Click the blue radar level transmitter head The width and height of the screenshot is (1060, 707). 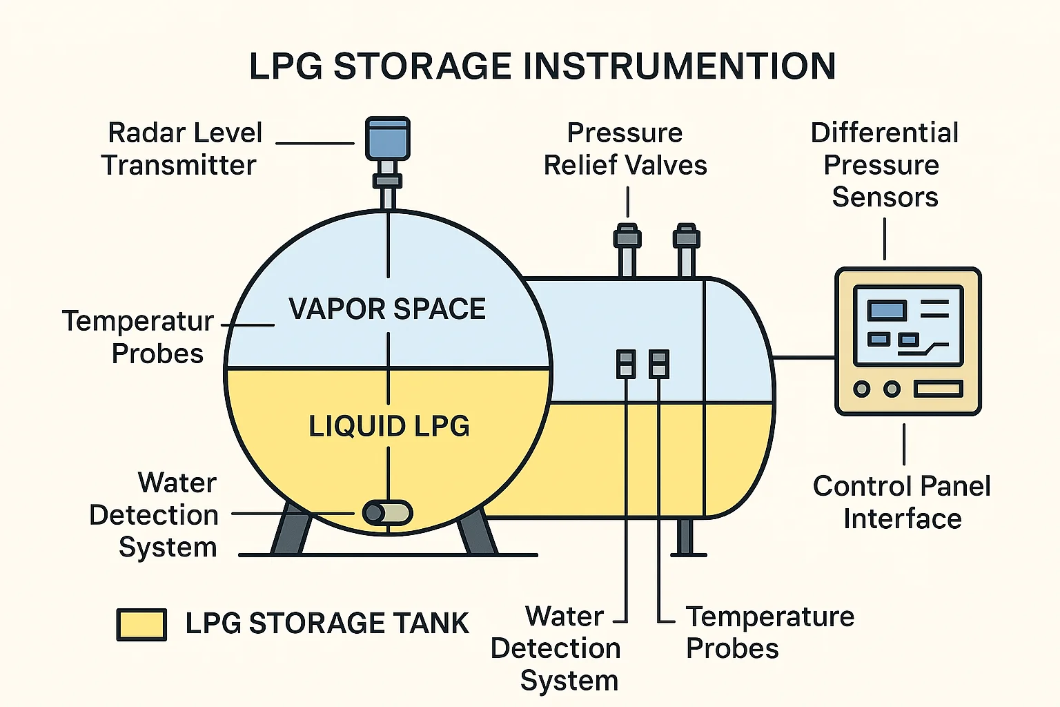click(x=388, y=138)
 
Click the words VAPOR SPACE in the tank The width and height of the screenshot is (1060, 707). click(x=387, y=309)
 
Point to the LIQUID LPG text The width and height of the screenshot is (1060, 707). click(x=389, y=426)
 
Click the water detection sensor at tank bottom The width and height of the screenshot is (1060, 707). click(x=387, y=513)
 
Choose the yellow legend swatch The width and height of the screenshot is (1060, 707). click(x=141, y=624)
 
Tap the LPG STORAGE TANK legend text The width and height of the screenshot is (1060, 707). click(x=327, y=623)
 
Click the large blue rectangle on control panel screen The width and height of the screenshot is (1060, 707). click(x=887, y=310)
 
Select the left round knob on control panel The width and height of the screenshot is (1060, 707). click(x=861, y=389)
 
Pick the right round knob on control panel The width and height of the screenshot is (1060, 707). click(x=892, y=389)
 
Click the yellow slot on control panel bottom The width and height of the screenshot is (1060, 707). click(x=938, y=389)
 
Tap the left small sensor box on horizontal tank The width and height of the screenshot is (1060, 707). click(x=626, y=364)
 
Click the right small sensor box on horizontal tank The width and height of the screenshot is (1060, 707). click(x=658, y=364)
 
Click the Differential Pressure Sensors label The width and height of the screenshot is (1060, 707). click(x=884, y=165)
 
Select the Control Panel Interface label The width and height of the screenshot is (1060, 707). click(x=901, y=502)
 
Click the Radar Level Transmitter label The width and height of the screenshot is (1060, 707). click(x=182, y=149)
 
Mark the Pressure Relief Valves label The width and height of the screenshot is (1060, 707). click(x=625, y=149)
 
